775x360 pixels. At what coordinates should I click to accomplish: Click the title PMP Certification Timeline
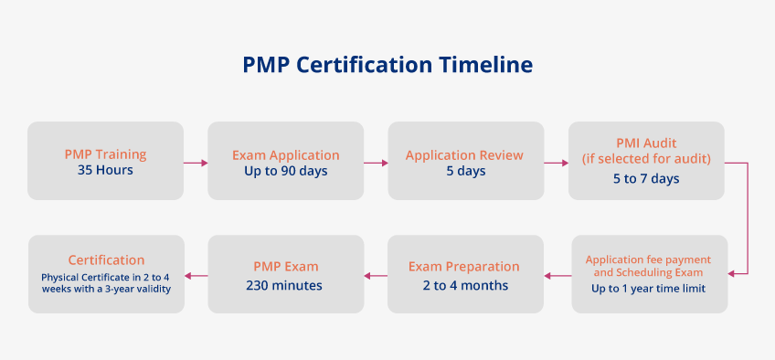tap(387, 65)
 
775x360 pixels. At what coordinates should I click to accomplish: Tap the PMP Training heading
tap(105, 154)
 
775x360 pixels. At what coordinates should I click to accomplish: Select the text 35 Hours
tap(105, 170)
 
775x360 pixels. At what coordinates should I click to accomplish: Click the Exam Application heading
tap(286, 155)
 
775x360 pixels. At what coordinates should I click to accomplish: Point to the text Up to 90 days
tap(286, 172)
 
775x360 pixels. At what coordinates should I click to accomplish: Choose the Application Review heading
tap(465, 155)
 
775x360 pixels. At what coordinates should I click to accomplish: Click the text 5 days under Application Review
tap(465, 172)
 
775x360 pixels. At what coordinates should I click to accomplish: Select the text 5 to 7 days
tap(646, 178)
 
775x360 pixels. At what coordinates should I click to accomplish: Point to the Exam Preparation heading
tap(464, 267)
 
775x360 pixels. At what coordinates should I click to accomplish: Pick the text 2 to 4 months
tap(464, 285)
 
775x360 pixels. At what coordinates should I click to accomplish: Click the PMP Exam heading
tap(286, 267)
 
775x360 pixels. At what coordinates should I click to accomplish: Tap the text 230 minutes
tap(286, 285)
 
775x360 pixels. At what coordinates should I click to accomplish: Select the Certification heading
tap(107, 260)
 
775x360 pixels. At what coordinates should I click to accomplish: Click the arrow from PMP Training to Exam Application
tap(196, 163)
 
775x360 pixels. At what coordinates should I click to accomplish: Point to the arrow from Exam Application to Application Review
tap(376, 163)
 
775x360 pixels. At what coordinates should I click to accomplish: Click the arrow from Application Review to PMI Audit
tap(556, 163)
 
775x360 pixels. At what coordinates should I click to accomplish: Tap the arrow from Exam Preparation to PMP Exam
tap(376, 275)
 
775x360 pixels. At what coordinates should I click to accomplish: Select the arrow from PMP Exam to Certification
tap(196, 275)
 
